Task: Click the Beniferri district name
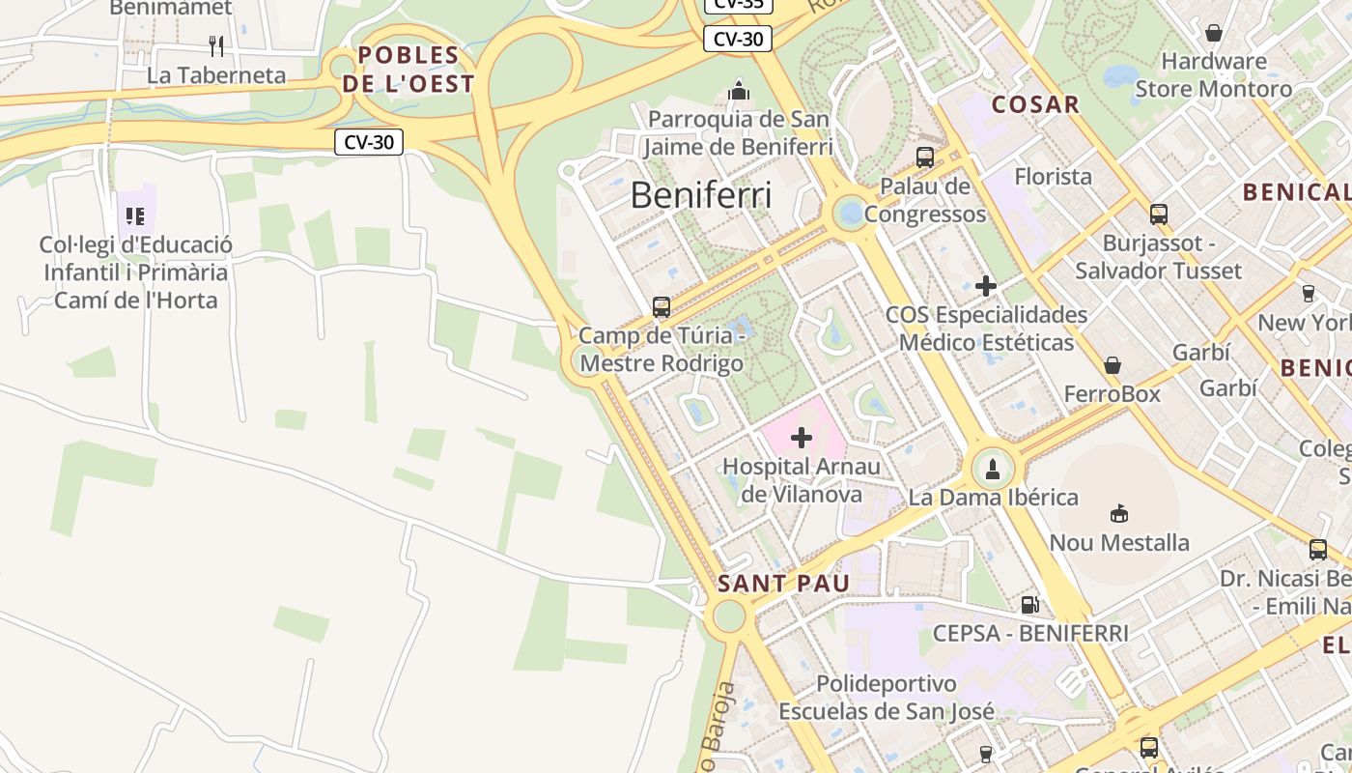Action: [701, 195]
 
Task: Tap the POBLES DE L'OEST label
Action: [408, 70]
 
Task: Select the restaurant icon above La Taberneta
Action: [216, 45]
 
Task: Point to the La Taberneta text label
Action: [216, 75]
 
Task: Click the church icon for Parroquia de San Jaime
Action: [739, 92]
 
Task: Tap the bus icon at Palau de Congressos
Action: [925, 157]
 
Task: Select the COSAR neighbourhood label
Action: [1035, 104]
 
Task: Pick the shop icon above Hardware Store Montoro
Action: [1214, 33]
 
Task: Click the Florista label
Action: [1053, 177]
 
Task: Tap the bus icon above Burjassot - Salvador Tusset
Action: [1159, 215]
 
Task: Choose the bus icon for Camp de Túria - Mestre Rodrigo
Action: [662, 307]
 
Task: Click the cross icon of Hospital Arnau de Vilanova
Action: [802, 438]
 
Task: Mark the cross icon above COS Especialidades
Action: [986, 286]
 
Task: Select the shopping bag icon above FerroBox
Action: [1113, 365]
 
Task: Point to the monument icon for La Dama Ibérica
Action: [993, 470]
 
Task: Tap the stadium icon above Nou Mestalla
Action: [1119, 513]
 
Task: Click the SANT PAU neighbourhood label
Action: [783, 584]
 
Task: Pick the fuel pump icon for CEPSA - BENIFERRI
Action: [1030, 605]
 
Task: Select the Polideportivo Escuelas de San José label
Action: [886, 698]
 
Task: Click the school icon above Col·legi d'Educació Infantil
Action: [135, 215]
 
